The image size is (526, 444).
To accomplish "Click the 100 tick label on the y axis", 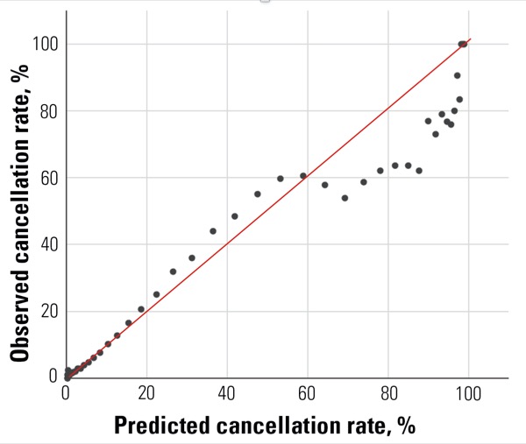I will [46, 45].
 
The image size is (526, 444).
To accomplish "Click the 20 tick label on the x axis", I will [146, 393].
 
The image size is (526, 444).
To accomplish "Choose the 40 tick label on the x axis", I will [227, 393].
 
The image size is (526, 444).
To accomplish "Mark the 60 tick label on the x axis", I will [307, 393].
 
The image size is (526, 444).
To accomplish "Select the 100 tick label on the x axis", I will [468, 393].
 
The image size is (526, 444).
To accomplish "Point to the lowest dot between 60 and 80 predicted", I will [345, 198].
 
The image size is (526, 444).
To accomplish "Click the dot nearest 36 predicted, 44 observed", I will [213, 231].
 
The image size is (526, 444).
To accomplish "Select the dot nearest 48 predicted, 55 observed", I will [258, 194].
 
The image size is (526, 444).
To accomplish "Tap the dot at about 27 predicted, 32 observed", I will [173, 271].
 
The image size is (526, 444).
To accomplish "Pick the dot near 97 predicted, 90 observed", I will [457, 75].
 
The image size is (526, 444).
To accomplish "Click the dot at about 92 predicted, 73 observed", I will [435, 134].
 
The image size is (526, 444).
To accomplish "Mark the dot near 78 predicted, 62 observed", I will [380, 171].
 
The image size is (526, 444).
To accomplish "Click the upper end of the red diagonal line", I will [471, 39].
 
